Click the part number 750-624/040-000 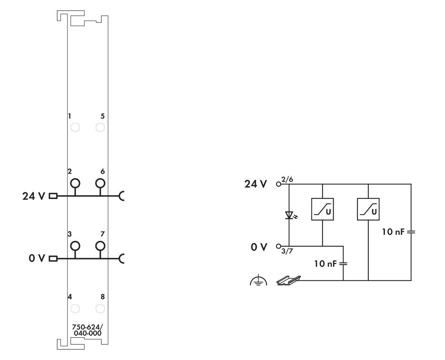coord(88,330)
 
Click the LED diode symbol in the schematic coord(289,215)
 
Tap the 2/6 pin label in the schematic coord(287,180)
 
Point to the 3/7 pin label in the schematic coord(287,251)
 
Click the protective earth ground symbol coord(258,280)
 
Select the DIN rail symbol coord(289,280)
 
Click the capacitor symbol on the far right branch coord(411,232)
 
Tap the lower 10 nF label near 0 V coord(325,264)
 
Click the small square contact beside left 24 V coord(53,196)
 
